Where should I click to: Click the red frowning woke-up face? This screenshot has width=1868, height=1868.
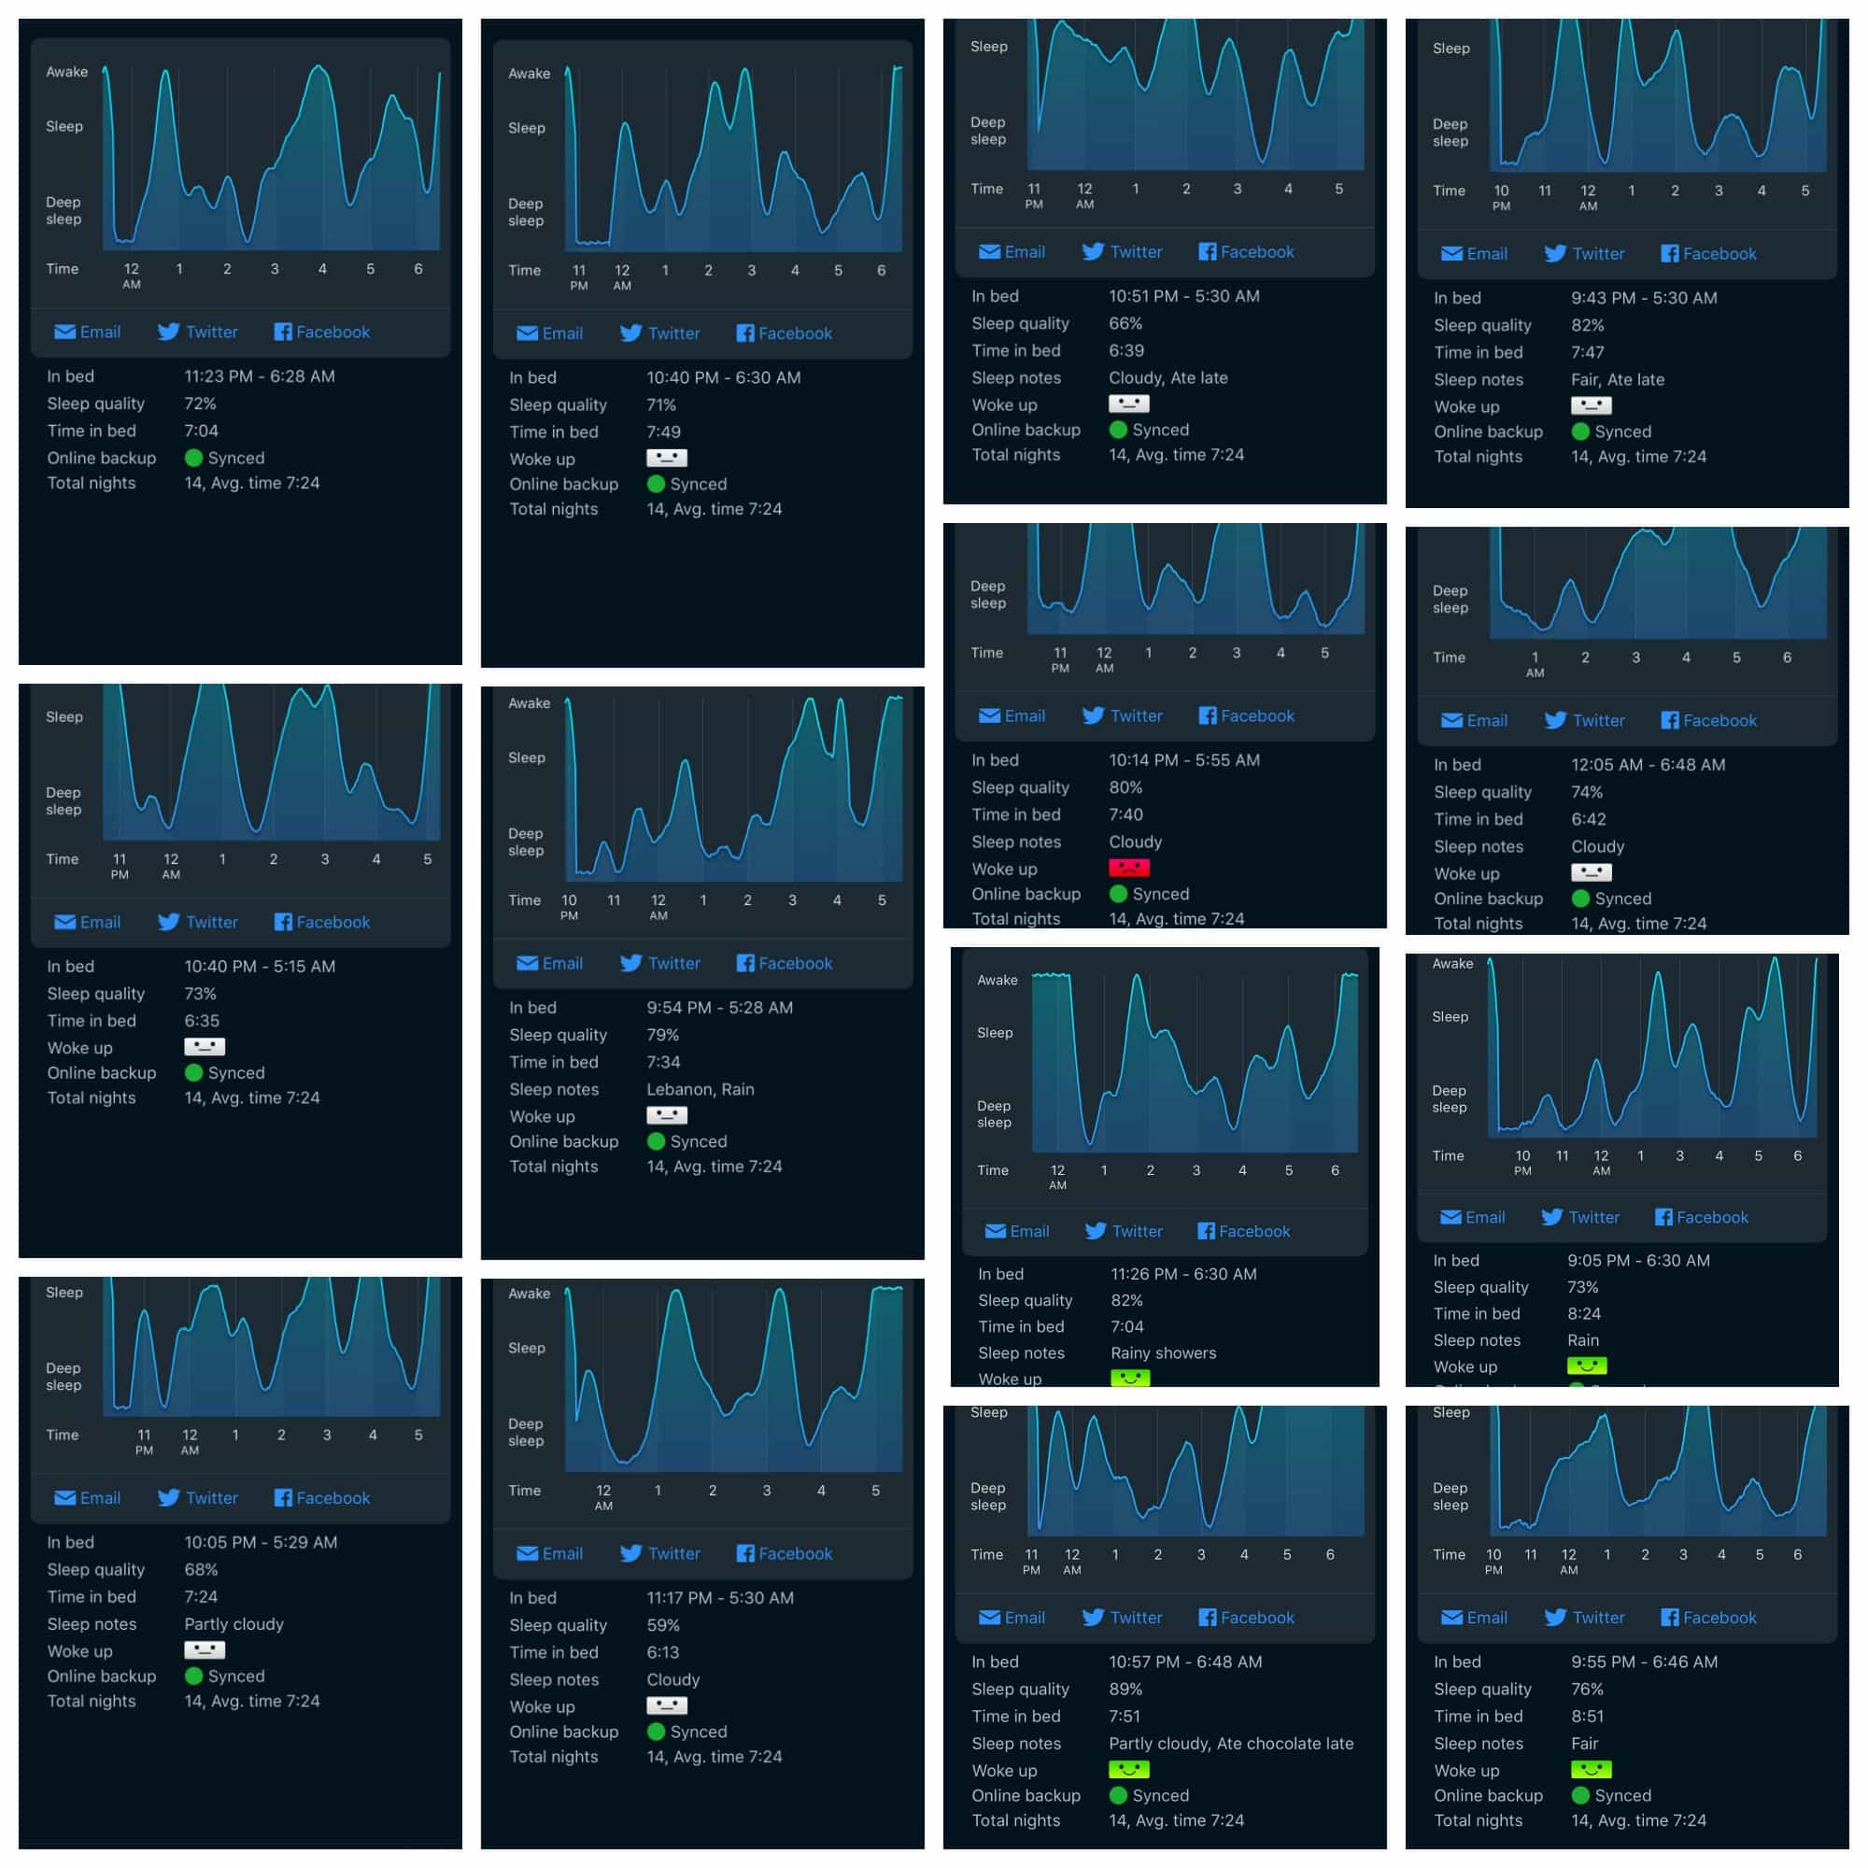(x=1128, y=868)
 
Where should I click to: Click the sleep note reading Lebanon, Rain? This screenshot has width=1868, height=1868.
(x=700, y=1089)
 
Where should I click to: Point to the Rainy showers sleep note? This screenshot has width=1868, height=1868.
(x=1163, y=1352)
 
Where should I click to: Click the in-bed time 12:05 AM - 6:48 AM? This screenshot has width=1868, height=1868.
(x=1648, y=764)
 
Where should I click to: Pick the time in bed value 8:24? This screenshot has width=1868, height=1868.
(x=1584, y=1313)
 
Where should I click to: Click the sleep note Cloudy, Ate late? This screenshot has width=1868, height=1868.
(x=1168, y=377)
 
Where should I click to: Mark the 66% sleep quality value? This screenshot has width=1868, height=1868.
(x=1125, y=323)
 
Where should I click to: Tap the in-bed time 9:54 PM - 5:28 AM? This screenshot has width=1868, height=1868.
(x=719, y=1008)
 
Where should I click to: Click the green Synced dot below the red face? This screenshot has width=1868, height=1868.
(x=1119, y=894)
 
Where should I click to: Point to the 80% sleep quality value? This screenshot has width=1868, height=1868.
(x=1125, y=787)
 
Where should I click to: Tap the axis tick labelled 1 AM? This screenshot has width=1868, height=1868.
(x=1535, y=663)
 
